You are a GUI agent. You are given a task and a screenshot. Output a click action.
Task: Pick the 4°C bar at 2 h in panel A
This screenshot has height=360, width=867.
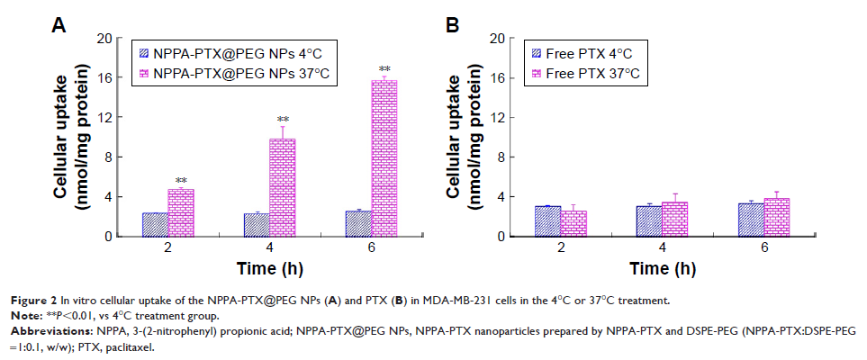coord(155,224)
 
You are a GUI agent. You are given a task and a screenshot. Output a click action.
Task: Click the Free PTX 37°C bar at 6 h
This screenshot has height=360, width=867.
coord(777,217)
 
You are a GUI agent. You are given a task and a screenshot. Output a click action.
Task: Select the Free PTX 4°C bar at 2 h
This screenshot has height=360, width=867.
coord(548,221)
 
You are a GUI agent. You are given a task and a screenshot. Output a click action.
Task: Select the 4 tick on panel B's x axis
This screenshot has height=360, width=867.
coord(663,247)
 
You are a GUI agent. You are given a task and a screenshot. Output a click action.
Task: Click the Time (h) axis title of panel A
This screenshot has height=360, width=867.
coord(269,268)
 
